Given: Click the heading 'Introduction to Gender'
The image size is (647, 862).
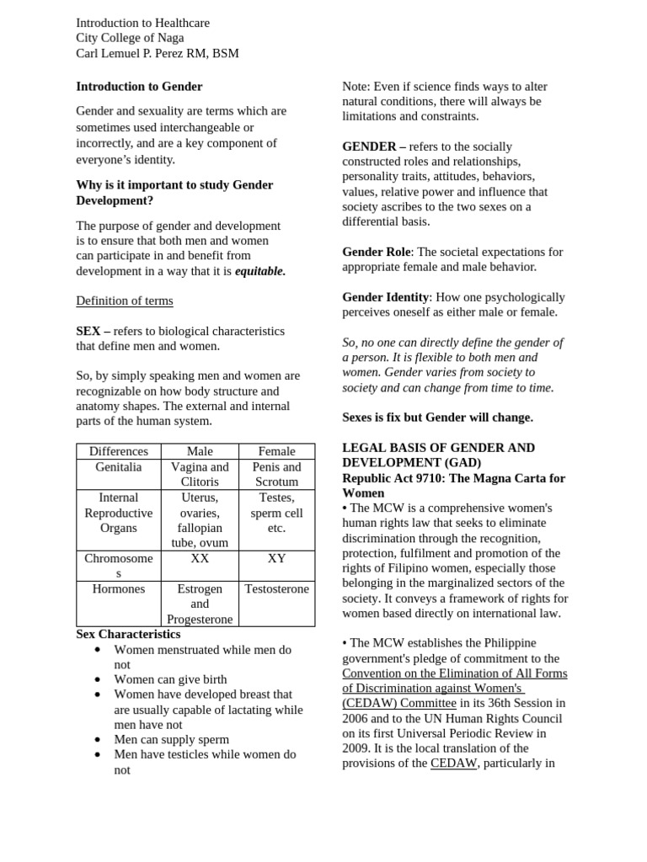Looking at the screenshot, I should click(x=139, y=86).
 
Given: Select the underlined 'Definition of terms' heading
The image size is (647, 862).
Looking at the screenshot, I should click(x=125, y=301).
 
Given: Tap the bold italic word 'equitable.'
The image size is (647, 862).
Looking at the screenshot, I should click(x=259, y=271).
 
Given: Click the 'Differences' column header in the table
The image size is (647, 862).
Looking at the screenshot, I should click(x=119, y=451).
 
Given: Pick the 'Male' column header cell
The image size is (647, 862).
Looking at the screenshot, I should click(x=200, y=451).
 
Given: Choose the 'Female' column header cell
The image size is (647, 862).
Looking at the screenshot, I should click(x=276, y=451).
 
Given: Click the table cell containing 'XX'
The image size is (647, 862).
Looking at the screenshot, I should click(x=200, y=558).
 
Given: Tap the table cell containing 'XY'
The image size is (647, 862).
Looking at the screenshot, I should click(x=276, y=558).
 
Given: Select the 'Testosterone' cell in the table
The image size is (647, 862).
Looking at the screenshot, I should click(x=276, y=589).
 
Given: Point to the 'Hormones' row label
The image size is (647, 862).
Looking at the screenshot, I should click(x=119, y=589).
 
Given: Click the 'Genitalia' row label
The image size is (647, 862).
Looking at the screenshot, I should click(x=119, y=467).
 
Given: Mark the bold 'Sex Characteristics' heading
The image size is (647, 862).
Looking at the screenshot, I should click(x=128, y=634).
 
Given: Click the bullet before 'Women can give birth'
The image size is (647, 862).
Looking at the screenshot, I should click(x=98, y=679).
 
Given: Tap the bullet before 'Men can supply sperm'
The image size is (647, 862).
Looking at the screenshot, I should click(x=98, y=740).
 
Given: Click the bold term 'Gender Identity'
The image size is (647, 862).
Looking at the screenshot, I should click(x=385, y=297).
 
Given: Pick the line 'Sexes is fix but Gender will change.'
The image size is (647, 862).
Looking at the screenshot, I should click(x=437, y=418).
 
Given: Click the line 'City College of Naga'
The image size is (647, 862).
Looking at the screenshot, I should click(x=130, y=38).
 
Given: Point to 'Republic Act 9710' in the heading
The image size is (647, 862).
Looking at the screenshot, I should click(x=393, y=478).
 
